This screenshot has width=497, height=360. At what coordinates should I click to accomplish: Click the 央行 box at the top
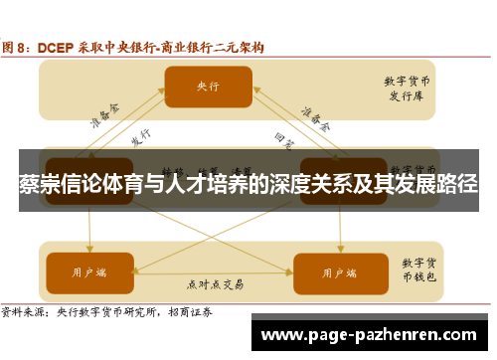click(208, 87)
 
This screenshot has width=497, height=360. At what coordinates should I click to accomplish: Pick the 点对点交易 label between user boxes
click(215, 284)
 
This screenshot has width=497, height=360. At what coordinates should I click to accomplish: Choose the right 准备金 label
click(317, 120)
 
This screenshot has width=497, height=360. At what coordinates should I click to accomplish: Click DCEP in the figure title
click(56, 46)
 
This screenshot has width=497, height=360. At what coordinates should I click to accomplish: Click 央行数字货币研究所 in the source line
click(110, 311)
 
